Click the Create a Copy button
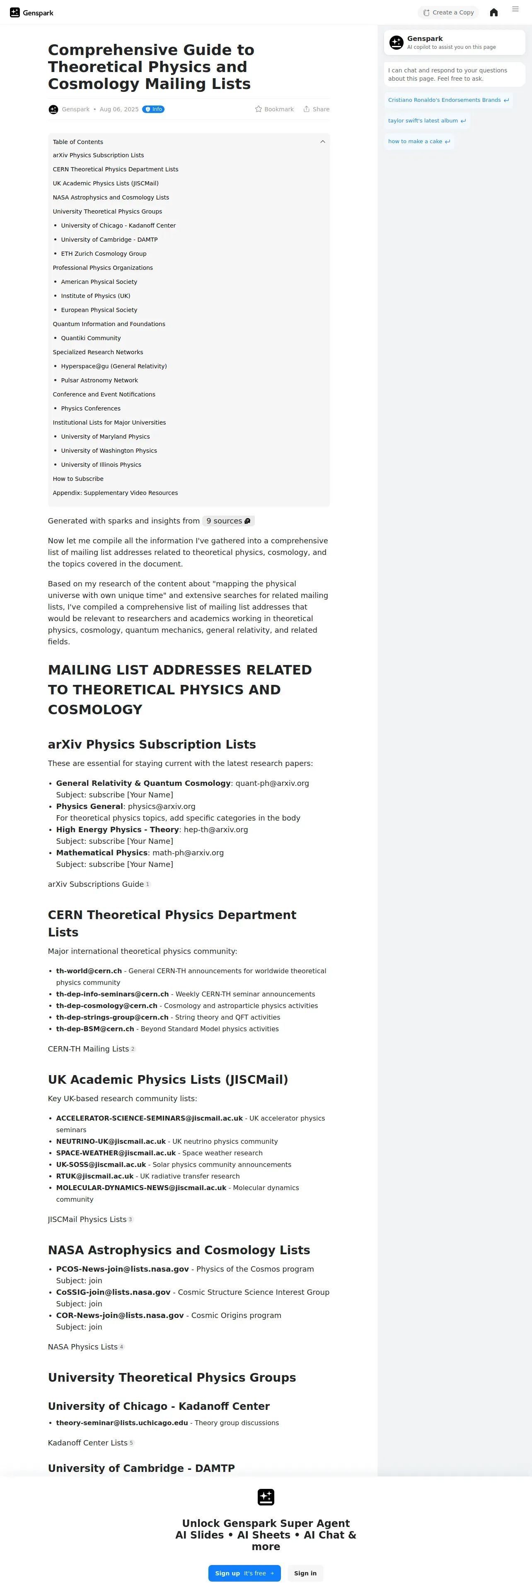click(x=448, y=12)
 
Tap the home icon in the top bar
click(x=493, y=12)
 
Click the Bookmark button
click(x=274, y=110)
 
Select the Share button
click(x=317, y=110)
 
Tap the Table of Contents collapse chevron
click(x=322, y=142)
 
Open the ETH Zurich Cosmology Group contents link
click(x=104, y=254)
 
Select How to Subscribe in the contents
click(x=78, y=479)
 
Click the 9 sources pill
click(x=228, y=521)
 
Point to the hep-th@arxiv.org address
click(x=215, y=830)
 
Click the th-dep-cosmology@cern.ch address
click(x=106, y=1006)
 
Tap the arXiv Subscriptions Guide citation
click(x=96, y=884)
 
